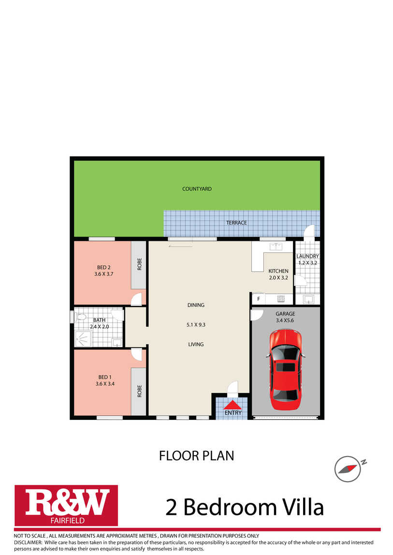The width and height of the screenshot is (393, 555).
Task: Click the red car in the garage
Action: pos(285,369)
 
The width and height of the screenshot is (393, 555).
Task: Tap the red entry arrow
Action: pos(233,405)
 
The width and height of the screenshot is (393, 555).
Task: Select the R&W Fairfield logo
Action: pos(66,505)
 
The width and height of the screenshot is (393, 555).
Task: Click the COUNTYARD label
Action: pos(197,189)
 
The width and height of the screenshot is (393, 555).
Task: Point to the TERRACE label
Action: pos(236,222)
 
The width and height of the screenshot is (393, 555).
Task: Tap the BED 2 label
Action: pos(104,267)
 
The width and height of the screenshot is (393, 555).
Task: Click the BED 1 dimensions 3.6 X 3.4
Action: pos(105,384)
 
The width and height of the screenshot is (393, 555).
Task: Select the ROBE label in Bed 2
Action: pos(139,264)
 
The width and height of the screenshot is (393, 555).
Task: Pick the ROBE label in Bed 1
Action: pos(139,391)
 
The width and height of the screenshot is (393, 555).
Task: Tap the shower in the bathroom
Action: pos(83,339)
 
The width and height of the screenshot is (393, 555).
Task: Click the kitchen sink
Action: pos(276,246)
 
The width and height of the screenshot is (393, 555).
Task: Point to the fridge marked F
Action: pos(259,299)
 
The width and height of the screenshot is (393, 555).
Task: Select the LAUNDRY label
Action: pos(307,256)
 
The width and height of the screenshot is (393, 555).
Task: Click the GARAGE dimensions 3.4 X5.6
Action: pos(285,320)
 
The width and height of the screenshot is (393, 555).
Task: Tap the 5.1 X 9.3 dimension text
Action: pos(196,325)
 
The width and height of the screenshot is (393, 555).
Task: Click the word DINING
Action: pos(196,305)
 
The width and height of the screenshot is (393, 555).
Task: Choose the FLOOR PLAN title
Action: pos(197,456)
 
